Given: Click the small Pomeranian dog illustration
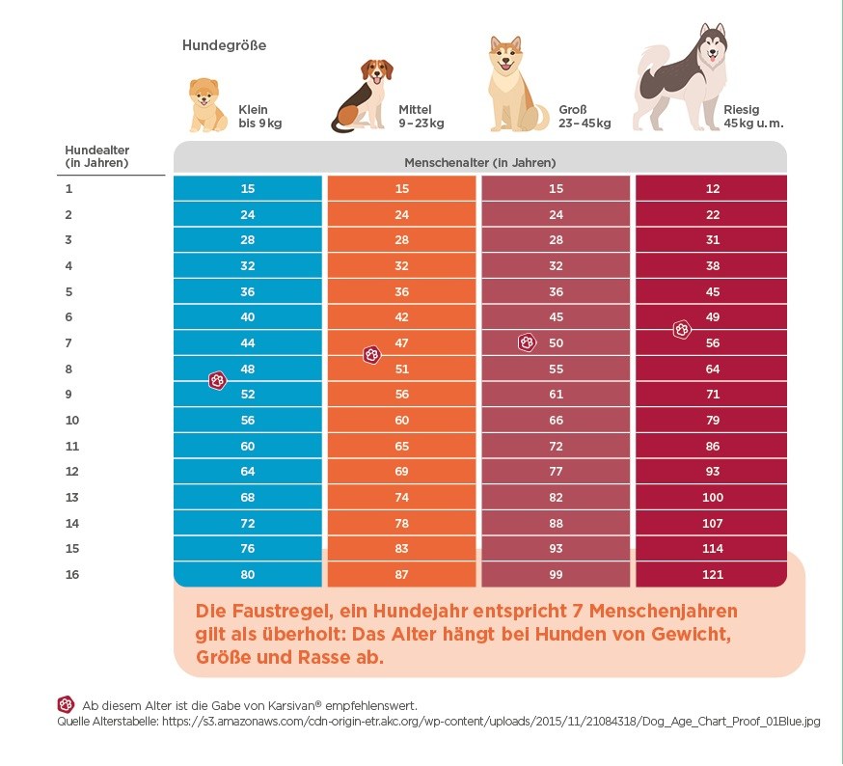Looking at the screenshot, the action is pos(207,105).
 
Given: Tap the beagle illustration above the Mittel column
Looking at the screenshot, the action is pos(362,96).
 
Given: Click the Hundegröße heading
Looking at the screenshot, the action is pos(224,45).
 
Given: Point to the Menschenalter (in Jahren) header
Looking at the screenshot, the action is pos(480,162).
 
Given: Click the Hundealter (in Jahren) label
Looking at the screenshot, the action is pos(97,156).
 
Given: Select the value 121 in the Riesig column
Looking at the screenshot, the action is pos(713,575).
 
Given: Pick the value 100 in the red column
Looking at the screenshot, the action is pos(713,497).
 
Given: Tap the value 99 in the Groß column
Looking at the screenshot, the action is pos(556,575).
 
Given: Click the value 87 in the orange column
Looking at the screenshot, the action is pos(401,575).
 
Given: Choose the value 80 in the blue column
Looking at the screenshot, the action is pos(247,575).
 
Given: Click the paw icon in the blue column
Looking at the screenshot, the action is pos(217,381).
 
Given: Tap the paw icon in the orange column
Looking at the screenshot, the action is pos(372,355).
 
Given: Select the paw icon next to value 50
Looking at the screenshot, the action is pos(527,342).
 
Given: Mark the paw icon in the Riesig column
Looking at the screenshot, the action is pos(682,329).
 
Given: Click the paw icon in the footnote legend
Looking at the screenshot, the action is pos(66,704).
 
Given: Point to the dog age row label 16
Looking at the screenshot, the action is pos(72,575).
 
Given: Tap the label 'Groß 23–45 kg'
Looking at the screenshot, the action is pos(585,116).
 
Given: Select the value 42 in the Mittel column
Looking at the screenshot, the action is pos(401,316).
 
